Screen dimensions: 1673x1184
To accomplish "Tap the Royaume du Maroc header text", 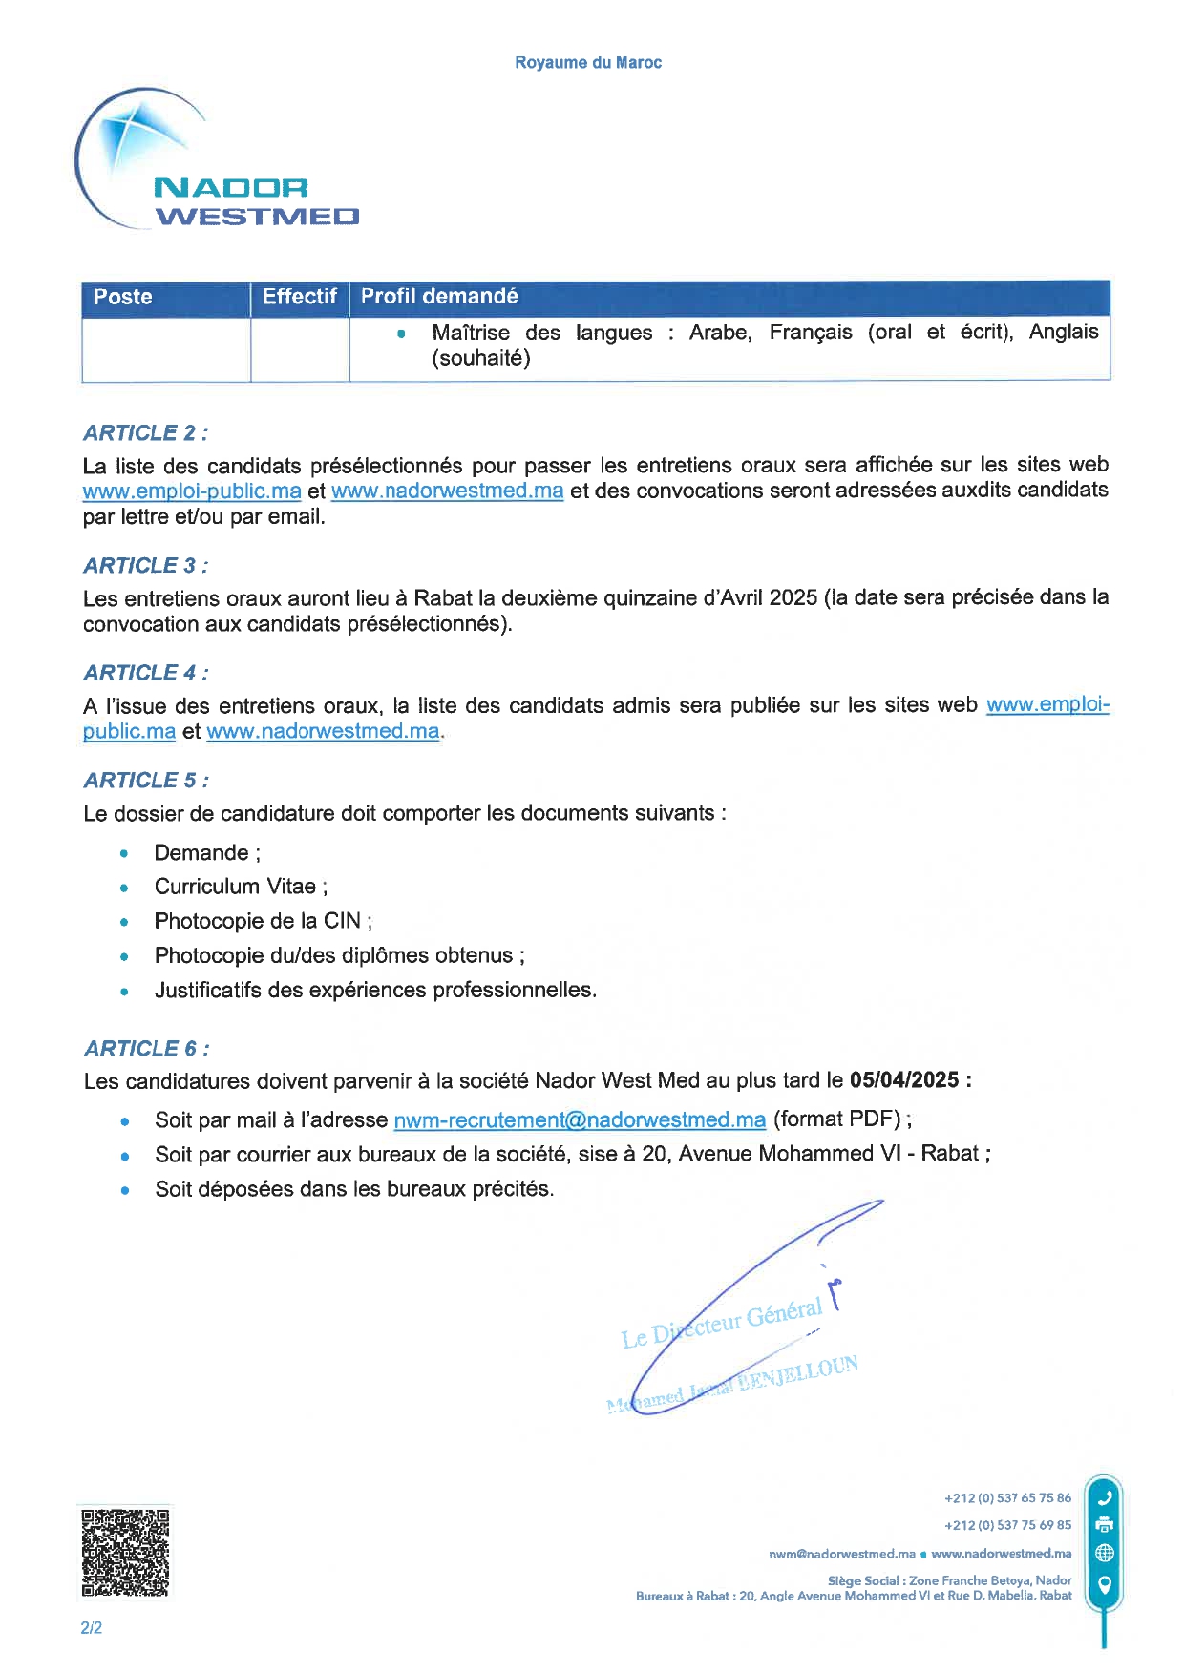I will click(587, 63).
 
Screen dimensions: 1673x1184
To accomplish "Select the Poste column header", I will click(123, 297).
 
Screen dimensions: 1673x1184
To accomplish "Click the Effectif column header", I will click(299, 297).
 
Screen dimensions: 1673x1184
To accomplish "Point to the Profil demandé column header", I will click(439, 297).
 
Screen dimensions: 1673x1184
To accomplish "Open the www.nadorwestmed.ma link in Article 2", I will click(447, 491).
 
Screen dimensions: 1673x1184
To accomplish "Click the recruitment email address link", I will click(580, 1120).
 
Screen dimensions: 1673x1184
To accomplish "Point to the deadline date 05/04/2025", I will click(904, 1080).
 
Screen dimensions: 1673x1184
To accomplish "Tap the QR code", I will click(125, 1553).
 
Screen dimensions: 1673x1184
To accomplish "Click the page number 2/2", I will click(92, 1628).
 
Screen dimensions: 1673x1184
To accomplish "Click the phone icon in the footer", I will click(1105, 1497).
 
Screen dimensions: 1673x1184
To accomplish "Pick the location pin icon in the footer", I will click(1105, 1585).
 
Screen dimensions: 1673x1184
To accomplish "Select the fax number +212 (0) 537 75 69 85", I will click(1007, 1525).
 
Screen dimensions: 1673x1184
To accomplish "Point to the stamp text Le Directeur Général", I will click(722, 1325).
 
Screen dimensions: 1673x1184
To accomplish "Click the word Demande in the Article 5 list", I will click(201, 853).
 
